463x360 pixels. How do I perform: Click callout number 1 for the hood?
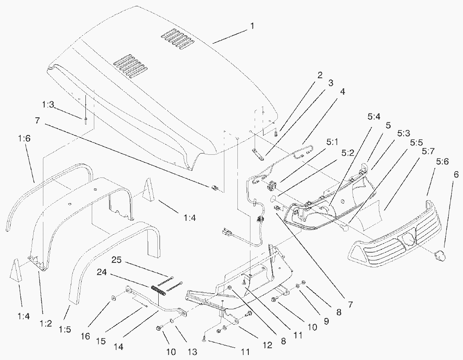[x=252, y=26]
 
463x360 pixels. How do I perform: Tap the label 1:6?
[x=24, y=138]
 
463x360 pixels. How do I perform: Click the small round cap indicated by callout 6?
[x=440, y=254]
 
